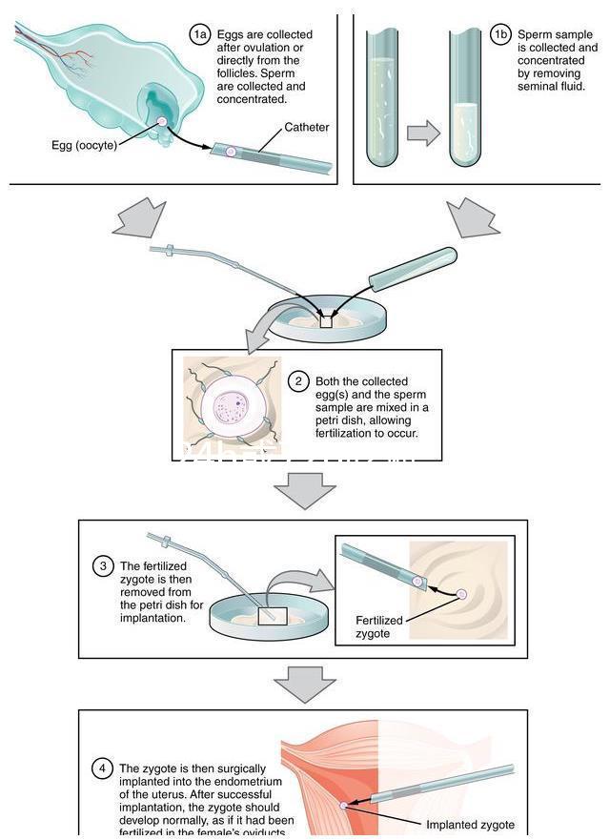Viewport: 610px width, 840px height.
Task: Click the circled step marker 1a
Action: click(x=199, y=35)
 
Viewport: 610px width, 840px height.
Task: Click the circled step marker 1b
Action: click(x=500, y=35)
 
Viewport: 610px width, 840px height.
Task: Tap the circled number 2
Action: click(x=298, y=381)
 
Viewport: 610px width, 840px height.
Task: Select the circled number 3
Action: click(x=103, y=566)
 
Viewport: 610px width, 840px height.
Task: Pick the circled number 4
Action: click(x=103, y=768)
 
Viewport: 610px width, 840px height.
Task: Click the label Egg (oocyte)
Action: click(x=84, y=145)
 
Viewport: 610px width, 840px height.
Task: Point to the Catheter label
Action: click(x=306, y=127)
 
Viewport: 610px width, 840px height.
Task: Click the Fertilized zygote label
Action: click(x=379, y=626)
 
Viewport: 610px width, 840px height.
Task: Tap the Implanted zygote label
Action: click(x=470, y=825)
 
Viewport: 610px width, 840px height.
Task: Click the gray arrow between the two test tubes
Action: click(x=423, y=133)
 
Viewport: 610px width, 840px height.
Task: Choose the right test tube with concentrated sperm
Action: click(x=465, y=95)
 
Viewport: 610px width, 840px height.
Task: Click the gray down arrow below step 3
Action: click(x=304, y=683)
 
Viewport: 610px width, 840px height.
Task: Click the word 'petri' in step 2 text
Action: click(x=332, y=420)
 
